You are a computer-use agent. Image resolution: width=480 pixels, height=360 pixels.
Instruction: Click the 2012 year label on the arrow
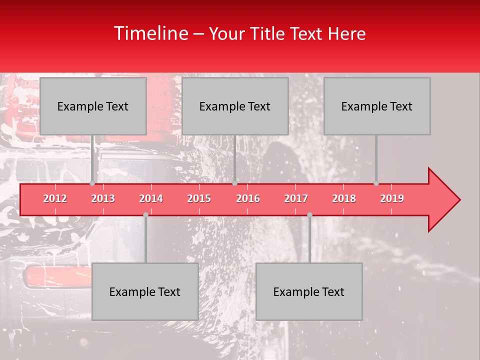coord(55,198)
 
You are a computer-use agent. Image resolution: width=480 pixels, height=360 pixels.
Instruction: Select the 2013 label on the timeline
coord(103,198)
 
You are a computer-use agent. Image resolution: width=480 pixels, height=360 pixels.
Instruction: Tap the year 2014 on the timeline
coord(151,198)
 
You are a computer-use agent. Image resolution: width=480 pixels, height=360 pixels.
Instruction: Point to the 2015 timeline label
coord(199,198)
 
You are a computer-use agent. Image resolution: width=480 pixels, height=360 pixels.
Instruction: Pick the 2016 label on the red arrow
coord(248,198)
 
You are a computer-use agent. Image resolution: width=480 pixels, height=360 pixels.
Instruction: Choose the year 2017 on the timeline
coord(296,198)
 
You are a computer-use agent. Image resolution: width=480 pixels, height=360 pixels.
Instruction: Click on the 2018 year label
coord(344,198)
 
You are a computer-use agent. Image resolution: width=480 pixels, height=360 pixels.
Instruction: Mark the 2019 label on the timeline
coord(392,198)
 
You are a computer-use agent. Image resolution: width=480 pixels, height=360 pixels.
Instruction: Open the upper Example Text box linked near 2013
coord(93,106)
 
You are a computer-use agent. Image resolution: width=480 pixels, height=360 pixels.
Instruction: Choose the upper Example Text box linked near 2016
coord(235,106)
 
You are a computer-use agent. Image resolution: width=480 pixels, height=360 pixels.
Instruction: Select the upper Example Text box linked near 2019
coord(377,106)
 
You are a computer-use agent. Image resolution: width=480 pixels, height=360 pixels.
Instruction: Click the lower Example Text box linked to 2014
coord(145,291)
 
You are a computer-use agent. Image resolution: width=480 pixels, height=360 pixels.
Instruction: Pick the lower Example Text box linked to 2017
coord(309,291)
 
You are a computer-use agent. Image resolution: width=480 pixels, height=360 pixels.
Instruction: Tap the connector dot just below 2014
coord(145,214)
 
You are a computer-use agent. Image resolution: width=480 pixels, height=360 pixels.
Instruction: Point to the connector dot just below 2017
coord(309,214)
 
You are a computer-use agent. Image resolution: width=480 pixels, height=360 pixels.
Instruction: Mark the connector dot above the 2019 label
coord(376,183)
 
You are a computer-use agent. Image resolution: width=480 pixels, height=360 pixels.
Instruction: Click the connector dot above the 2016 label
coord(234,183)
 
